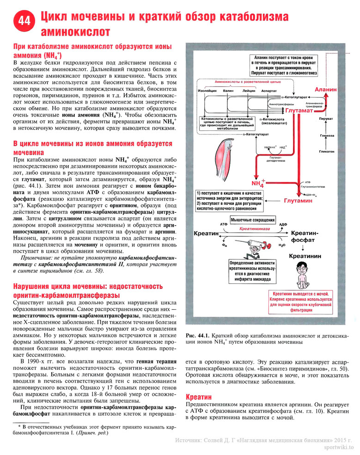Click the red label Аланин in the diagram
pyautogui.click(x=325, y=89)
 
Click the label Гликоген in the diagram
pyautogui.click(x=326, y=151)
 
